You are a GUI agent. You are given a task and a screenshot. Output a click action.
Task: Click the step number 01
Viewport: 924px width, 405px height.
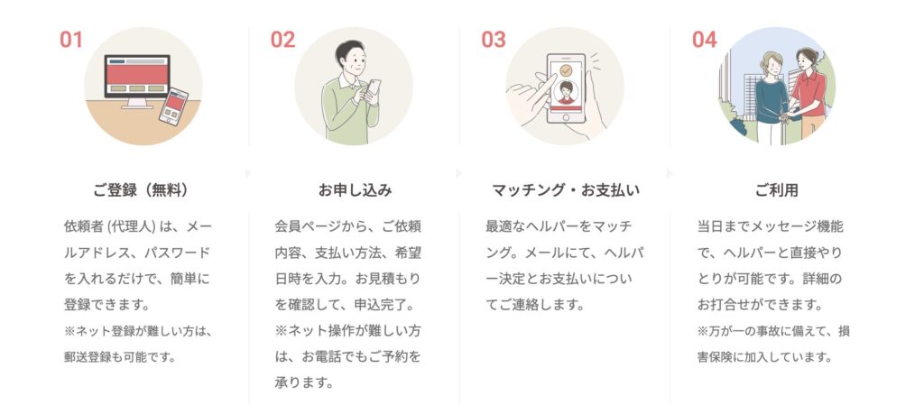[x=70, y=40]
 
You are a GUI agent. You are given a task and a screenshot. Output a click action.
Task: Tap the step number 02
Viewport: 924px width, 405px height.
[x=282, y=40]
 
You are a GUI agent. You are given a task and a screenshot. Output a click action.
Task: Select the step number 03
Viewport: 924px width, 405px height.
[x=494, y=40]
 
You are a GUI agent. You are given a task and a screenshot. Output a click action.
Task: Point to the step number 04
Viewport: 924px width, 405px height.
[x=704, y=40]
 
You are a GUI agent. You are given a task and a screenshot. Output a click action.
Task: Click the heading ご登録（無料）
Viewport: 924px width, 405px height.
[x=143, y=190]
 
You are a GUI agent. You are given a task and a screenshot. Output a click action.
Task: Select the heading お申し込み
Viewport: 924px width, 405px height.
[x=355, y=190]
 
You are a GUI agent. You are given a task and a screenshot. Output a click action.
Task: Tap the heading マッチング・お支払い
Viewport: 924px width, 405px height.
[x=566, y=190]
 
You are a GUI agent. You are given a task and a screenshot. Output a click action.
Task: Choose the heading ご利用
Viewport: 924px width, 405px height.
[x=777, y=190]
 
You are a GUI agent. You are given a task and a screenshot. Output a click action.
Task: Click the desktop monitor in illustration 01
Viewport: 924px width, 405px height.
[x=137, y=79]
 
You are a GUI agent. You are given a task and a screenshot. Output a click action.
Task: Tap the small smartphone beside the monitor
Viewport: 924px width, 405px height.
[x=173, y=106]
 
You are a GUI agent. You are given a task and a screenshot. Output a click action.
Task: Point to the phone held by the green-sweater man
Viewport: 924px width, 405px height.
[x=373, y=90]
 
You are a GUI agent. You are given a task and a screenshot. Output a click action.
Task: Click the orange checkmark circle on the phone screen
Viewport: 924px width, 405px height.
[x=567, y=69]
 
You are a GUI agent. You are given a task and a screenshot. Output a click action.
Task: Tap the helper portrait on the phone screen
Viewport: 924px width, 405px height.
[x=567, y=92]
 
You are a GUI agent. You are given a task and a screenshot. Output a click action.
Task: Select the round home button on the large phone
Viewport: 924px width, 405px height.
[x=567, y=117]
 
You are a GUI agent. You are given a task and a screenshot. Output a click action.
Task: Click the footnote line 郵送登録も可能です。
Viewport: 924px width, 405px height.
[x=120, y=356]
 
